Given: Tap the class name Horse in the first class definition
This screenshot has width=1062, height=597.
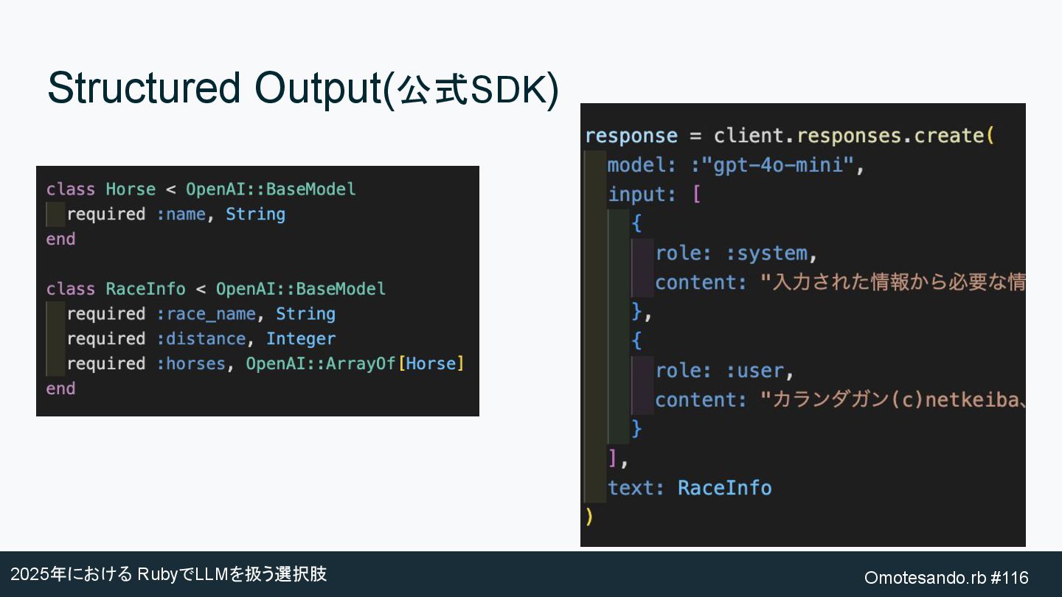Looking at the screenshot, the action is click(x=131, y=189).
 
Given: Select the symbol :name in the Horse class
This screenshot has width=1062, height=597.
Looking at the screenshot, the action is click(x=181, y=214).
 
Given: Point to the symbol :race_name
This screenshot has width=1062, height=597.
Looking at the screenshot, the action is click(x=206, y=314).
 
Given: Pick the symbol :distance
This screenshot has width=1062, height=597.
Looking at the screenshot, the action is click(x=201, y=339).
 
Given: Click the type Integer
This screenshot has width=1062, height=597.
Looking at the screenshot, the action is click(x=301, y=339).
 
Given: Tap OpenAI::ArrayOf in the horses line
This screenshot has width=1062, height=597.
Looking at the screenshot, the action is click(x=321, y=364).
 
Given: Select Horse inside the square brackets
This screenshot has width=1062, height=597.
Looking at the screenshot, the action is click(x=431, y=364).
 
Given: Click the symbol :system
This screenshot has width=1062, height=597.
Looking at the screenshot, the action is click(x=767, y=254).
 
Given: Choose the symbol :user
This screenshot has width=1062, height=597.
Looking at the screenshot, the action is click(x=755, y=371).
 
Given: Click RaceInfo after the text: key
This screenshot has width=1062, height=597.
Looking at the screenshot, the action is click(x=724, y=488).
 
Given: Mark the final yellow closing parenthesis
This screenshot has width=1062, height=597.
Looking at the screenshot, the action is click(x=589, y=517).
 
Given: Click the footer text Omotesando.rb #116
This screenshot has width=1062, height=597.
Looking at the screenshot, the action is click(x=946, y=577).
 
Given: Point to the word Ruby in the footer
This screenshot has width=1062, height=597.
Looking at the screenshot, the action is click(x=158, y=574).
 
